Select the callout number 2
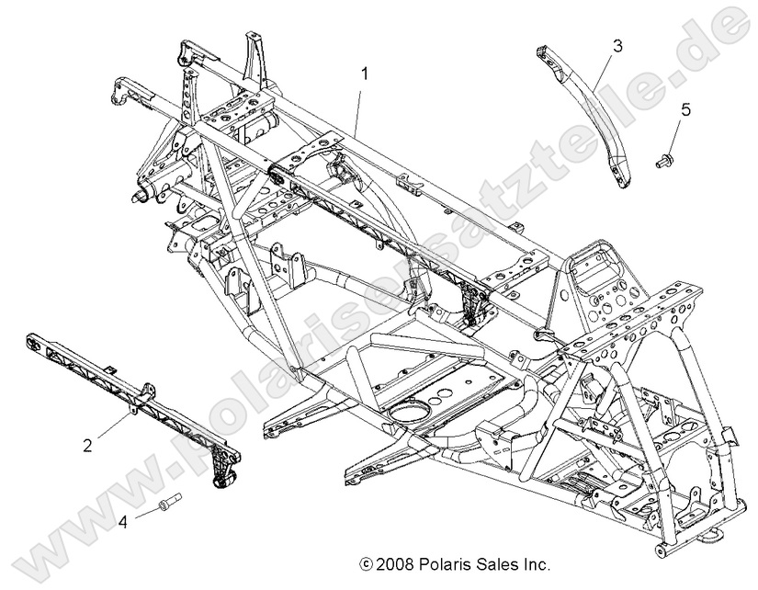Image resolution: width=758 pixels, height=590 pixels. tap(87, 446)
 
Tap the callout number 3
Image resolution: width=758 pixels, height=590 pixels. tap(617, 44)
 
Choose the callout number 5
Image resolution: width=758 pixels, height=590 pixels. tap(684, 110)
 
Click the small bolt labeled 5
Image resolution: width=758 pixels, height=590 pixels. tap(668, 162)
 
